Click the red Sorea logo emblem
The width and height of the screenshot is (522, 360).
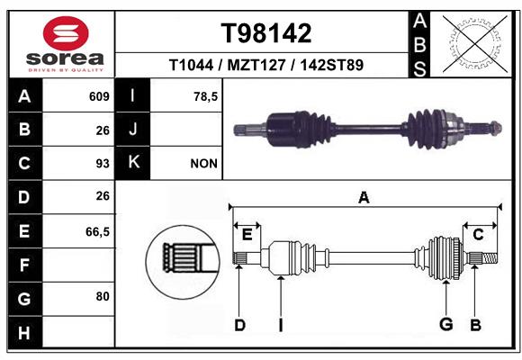(66, 33)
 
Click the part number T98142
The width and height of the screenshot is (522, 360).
(266, 33)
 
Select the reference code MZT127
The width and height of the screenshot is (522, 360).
(256, 65)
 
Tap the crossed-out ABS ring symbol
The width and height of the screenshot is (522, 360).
(475, 44)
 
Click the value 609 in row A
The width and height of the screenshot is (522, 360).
(99, 96)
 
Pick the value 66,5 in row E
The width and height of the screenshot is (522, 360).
(97, 231)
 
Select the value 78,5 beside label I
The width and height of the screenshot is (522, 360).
(205, 96)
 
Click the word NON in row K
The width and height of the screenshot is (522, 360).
(203, 164)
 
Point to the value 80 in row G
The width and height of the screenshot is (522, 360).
(103, 296)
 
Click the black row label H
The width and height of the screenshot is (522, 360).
(25, 332)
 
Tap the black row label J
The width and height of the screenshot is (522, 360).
(132, 130)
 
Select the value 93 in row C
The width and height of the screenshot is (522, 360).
(103, 164)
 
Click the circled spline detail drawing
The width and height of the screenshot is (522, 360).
(183, 261)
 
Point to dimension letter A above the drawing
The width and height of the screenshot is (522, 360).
(364, 198)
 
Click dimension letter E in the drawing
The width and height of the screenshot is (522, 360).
(247, 235)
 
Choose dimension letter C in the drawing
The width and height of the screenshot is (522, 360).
(478, 235)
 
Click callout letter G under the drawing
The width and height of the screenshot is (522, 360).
(446, 324)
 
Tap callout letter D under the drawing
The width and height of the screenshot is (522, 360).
(239, 325)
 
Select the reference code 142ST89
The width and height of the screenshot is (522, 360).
(331, 65)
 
